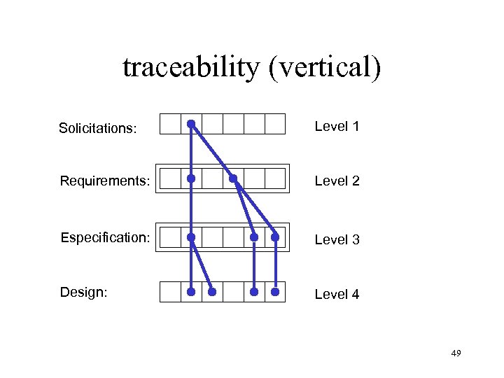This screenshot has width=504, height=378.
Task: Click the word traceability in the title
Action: point(188,67)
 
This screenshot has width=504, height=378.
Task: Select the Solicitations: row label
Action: point(97,128)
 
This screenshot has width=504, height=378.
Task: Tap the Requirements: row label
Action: point(105,181)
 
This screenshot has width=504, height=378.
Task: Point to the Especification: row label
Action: point(105,237)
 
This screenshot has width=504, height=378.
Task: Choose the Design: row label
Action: point(84,292)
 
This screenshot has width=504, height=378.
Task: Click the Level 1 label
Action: point(337,127)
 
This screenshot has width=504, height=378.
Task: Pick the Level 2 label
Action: point(337,181)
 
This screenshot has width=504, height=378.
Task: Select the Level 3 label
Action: point(337,239)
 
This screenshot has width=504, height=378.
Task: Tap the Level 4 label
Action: point(337,294)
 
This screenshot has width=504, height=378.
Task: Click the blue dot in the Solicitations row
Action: point(191,124)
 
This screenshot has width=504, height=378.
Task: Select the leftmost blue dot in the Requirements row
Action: point(191,178)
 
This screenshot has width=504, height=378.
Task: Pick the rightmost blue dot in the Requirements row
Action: point(233,178)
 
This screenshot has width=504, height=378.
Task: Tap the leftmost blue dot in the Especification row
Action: point(191,237)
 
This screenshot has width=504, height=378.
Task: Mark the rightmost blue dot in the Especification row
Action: point(275,237)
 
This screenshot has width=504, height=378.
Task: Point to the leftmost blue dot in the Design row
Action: point(191,291)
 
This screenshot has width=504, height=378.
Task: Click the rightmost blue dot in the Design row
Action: point(275,291)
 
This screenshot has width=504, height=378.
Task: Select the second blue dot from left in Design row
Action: point(212,291)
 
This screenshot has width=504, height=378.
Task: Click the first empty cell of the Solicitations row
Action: point(170,124)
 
